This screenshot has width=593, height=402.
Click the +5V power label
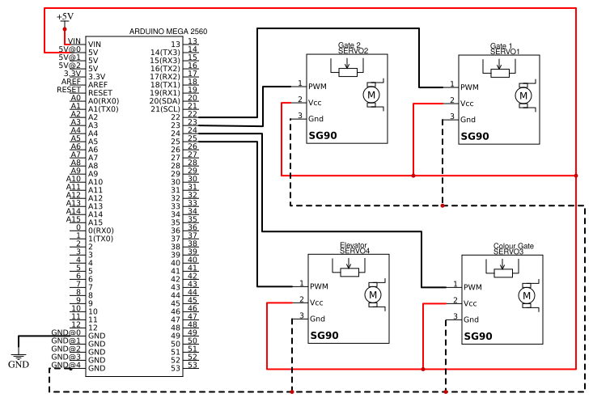pyautogui.click(x=64, y=16)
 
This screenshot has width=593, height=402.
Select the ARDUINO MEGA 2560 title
pyautogui.click(x=168, y=32)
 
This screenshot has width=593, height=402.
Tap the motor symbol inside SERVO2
pyautogui.click(x=371, y=95)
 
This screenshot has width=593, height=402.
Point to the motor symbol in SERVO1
pyautogui.click(x=523, y=95)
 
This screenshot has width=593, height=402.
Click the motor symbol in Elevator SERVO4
pyautogui.click(x=373, y=295)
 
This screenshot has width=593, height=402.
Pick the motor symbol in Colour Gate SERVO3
pyautogui.click(x=526, y=296)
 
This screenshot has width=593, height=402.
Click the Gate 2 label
pyautogui.click(x=349, y=45)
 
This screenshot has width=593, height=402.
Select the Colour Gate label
pyautogui.click(x=514, y=246)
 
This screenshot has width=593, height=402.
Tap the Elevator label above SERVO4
pyautogui.click(x=353, y=245)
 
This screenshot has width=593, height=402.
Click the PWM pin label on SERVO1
pyautogui.click(x=470, y=87)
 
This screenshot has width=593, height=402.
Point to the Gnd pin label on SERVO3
pyautogui.click(x=472, y=319)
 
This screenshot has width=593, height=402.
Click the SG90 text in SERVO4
pyautogui.click(x=324, y=336)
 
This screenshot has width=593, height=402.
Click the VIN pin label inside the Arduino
pyautogui.click(x=95, y=44)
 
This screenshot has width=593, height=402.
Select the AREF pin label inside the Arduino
pyautogui.click(x=98, y=85)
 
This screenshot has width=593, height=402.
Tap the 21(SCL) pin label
pyautogui.click(x=164, y=109)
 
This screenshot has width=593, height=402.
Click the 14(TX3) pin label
pyautogui.click(x=165, y=53)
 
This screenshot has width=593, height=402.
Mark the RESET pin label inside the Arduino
pyautogui.click(x=100, y=93)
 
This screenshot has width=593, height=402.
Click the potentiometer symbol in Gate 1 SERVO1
pyautogui.click(x=500, y=73)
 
